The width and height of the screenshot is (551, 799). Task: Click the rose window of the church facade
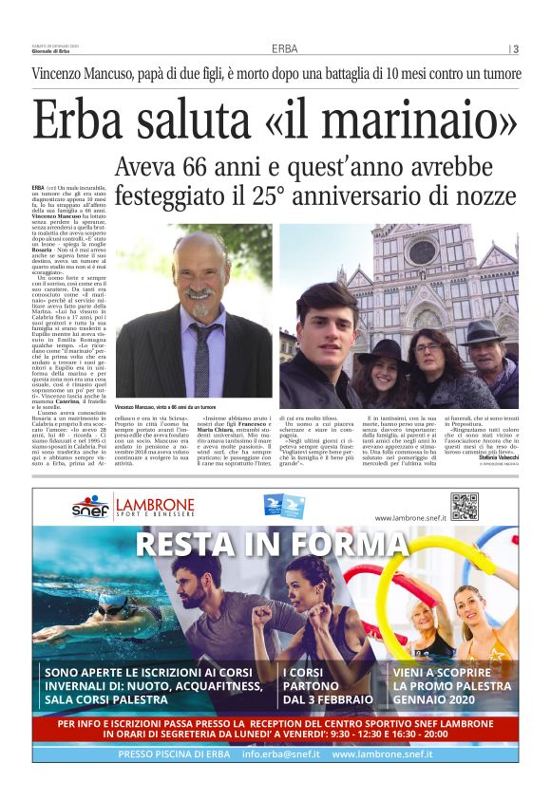421,252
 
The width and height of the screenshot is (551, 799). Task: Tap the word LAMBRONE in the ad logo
153,504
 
